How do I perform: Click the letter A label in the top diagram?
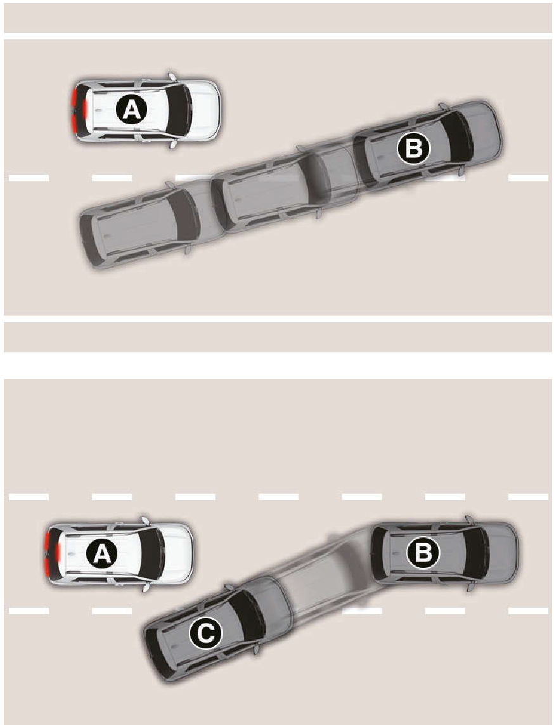(131, 110)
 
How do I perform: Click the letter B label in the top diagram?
(413, 149)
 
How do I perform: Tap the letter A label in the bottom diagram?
(102, 553)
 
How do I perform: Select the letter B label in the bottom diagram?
(423, 552)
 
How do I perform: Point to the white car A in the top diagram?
(146, 110)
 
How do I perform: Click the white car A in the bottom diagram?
(119, 553)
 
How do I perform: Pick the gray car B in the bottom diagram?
(444, 553)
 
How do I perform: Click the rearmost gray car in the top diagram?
(153, 223)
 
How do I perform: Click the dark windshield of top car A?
(179, 110)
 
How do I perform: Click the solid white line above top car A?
(278, 36)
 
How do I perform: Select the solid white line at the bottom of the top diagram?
(278, 319)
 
